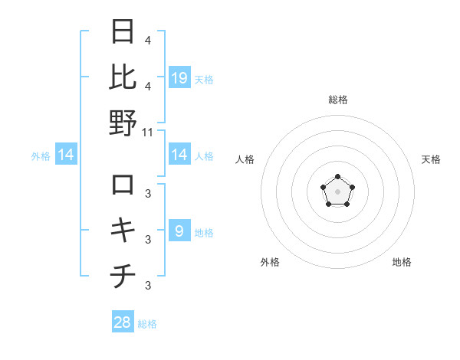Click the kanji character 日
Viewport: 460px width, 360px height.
123,33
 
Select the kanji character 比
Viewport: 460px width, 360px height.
123,77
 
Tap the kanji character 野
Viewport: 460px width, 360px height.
123,123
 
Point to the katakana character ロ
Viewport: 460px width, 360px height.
123,185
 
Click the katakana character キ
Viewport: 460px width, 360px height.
123,231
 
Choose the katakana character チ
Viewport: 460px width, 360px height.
123,277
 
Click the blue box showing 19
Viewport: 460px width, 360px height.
179,77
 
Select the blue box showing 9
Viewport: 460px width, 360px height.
179,231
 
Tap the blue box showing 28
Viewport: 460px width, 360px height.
123,322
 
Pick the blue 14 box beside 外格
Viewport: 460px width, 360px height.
66,155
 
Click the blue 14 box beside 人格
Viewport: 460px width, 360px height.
179,155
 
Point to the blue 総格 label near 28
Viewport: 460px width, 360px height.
147,324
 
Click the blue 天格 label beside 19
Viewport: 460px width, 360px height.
204,79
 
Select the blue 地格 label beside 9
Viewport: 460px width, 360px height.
204,232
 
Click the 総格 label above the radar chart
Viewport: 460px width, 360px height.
337,100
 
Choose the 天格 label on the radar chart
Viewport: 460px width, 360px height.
431,159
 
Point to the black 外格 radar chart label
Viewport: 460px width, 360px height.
270,262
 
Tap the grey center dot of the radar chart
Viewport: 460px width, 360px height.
337,191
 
